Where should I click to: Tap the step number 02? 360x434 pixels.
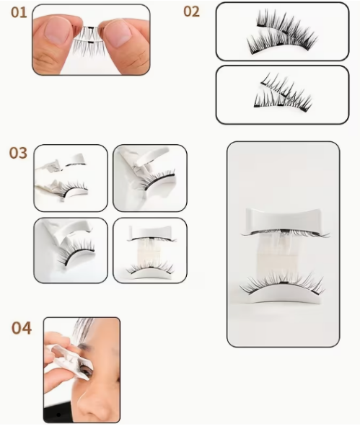click(x=191, y=12)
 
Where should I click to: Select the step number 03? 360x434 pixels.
click(x=18, y=154)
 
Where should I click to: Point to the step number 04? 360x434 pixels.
click(x=22, y=329)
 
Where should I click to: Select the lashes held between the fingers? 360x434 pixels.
click(x=87, y=40)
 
